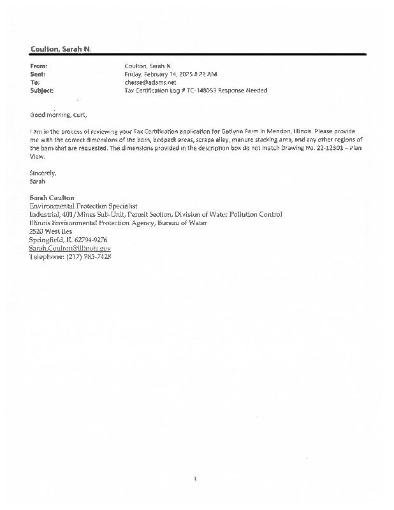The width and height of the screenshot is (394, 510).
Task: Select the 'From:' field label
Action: (x=40, y=66)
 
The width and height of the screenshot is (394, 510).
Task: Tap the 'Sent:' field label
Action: (x=38, y=74)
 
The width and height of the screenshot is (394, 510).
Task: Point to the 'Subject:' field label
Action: (x=42, y=91)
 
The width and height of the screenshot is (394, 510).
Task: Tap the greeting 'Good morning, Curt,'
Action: (x=58, y=115)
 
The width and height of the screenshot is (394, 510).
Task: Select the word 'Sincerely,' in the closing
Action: (x=43, y=173)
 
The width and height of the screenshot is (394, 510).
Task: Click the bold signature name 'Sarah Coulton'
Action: (x=53, y=198)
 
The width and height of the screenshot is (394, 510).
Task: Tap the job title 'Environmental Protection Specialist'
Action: (x=84, y=206)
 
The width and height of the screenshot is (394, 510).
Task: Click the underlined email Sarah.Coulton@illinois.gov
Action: (x=70, y=247)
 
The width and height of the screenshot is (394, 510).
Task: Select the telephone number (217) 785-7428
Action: (x=89, y=256)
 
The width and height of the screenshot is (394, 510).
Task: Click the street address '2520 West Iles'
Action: (x=51, y=231)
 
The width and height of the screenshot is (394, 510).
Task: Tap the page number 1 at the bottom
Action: (x=196, y=477)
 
